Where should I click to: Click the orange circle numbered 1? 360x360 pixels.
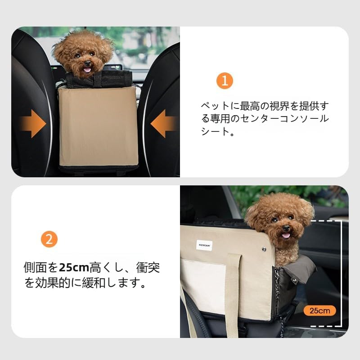(225, 81)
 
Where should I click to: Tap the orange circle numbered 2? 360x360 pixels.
(49, 239)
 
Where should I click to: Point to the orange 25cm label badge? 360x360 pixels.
(319, 310)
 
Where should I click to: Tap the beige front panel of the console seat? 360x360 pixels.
(98, 126)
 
